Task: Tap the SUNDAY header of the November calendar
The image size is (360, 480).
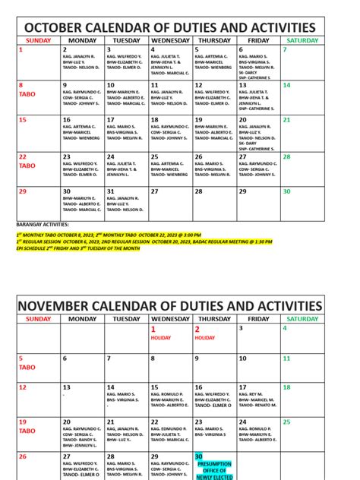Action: [38, 319]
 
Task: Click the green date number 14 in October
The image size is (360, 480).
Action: [286, 85]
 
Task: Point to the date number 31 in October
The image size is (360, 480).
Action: [110, 191]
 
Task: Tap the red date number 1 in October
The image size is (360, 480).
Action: [21, 49]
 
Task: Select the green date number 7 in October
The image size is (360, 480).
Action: [285, 49]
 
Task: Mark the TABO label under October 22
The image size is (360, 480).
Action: [27, 165]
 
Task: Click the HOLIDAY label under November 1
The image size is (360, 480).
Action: [161, 338]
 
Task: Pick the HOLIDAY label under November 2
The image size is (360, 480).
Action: [205, 338]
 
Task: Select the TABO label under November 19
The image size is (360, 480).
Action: [27, 431]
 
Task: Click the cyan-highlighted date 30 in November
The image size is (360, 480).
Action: [198, 456]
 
